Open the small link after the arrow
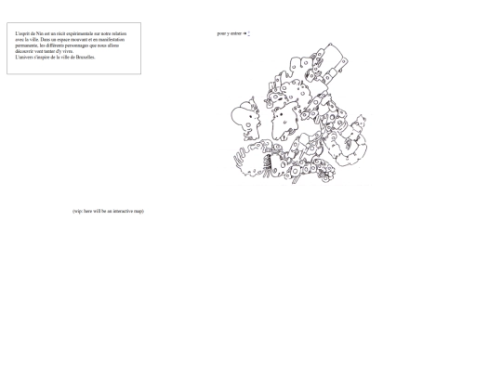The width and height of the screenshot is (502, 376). (x=249, y=33)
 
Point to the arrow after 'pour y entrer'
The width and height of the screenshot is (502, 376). (x=244, y=33)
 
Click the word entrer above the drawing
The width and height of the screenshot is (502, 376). (x=236, y=33)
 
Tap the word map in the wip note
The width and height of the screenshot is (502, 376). (x=138, y=211)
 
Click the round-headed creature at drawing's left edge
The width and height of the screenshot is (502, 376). (x=243, y=117)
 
